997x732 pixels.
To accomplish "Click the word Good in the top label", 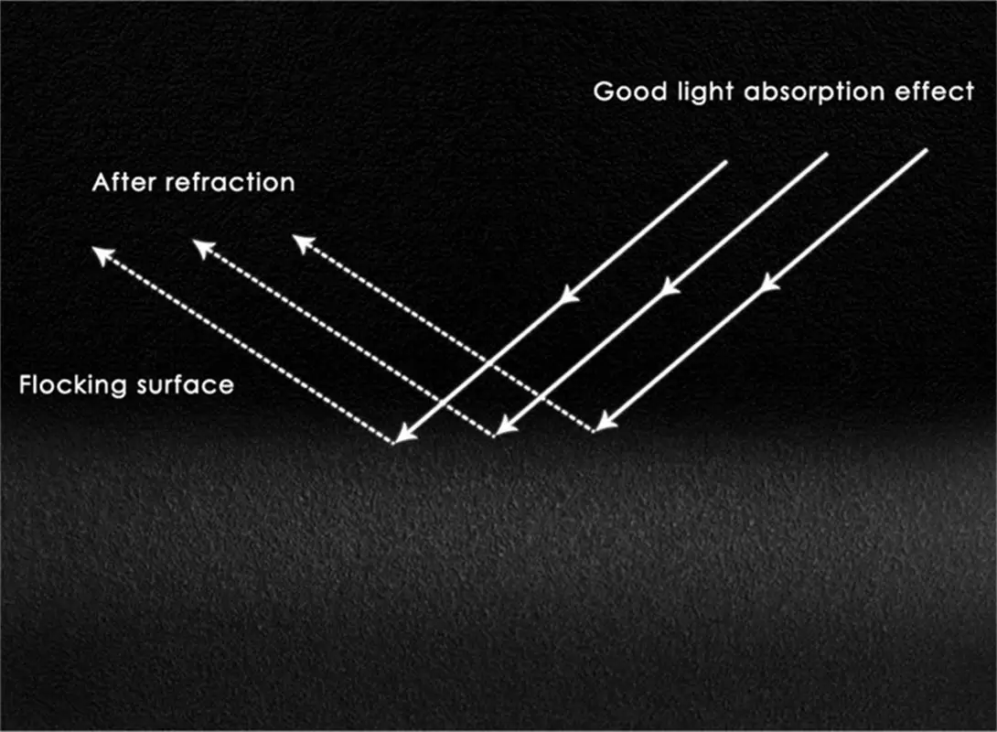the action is click(621, 92).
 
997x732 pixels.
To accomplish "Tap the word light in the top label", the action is click(684, 93).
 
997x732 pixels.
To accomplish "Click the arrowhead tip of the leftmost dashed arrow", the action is click(96, 249).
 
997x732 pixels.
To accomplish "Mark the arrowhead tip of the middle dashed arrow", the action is click(197, 242).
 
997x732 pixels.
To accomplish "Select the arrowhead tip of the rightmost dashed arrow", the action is click(296, 238).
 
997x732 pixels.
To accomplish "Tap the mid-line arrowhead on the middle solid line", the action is click(670, 287).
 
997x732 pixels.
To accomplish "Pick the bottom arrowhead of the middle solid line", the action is click(498, 431).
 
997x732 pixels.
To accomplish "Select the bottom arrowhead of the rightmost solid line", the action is click(599, 426).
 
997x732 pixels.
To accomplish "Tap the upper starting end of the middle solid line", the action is click(827, 154).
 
